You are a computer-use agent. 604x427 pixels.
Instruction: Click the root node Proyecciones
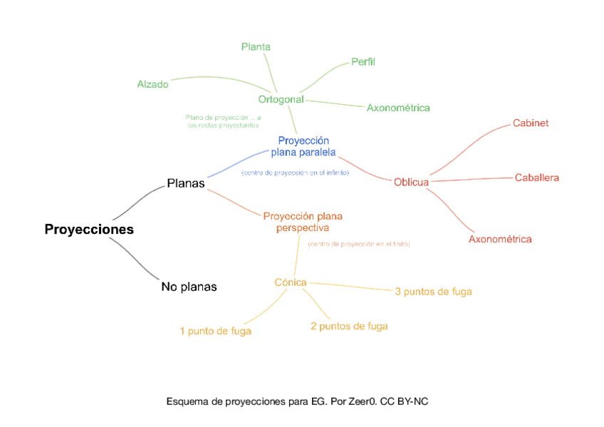(89, 230)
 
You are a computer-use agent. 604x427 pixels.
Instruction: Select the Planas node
(186, 183)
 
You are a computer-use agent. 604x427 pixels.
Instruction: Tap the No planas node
(189, 287)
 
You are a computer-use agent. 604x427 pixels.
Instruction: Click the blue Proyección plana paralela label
(303, 146)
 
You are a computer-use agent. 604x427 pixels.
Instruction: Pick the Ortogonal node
(281, 99)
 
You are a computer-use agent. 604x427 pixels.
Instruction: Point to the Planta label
(256, 47)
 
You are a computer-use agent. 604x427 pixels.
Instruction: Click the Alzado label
(153, 84)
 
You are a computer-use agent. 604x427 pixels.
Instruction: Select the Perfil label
(363, 62)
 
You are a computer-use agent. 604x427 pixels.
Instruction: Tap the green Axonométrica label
(398, 108)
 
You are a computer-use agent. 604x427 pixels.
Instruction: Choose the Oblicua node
(411, 182)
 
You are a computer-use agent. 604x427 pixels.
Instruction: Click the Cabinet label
(531, 123)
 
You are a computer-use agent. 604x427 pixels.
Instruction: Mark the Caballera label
(537, 178)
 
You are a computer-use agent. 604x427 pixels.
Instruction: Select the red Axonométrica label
(500, 239)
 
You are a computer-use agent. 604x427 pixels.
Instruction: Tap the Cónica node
(291, 282)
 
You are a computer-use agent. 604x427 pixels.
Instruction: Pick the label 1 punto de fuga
(215, 331)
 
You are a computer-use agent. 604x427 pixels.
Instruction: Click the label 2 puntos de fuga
(349, 326)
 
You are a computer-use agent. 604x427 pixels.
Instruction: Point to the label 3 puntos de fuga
(433, 291)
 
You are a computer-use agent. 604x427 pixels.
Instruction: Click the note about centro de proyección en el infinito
(295, 173)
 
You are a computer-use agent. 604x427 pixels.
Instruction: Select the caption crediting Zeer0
(297, 401)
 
